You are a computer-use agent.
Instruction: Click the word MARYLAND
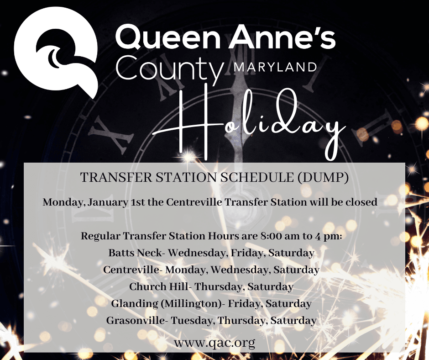(275, 68)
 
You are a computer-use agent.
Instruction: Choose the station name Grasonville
(136, 320)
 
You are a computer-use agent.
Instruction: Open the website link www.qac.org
(214, 342)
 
